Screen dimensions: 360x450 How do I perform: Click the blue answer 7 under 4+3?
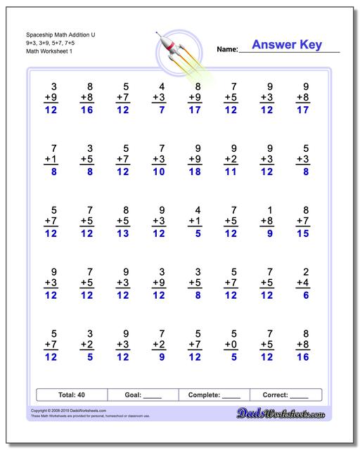tap(162, 110)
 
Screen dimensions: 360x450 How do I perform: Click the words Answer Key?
tap(287, 45)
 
